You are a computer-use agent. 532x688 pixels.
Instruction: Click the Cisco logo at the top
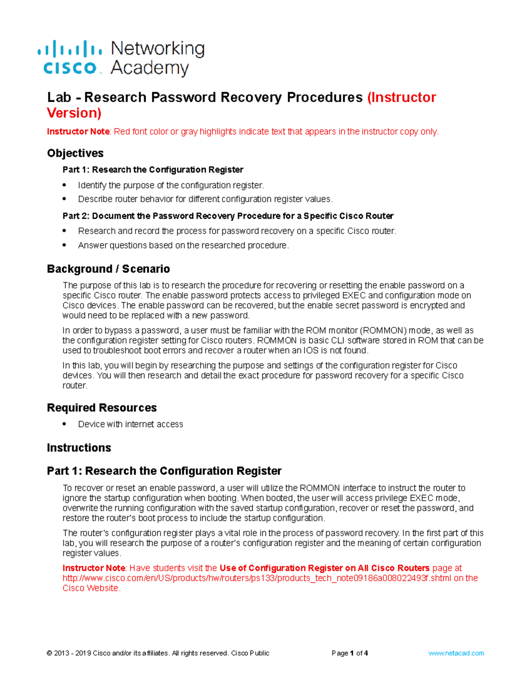point(70,58)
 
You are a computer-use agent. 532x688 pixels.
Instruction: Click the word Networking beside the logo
point(157,48)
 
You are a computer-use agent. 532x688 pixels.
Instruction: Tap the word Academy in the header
point(149,68)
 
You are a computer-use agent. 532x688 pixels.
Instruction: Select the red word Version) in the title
point(74,113)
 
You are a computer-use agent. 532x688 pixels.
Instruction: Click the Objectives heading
point(75,153)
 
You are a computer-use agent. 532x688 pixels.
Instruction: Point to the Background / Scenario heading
point(108,269)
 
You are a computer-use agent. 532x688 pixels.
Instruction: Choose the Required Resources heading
point(102,408)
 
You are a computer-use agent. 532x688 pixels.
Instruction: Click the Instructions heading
point(79,447)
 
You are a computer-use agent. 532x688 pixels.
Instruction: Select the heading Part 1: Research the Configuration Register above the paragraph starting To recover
point(164,470)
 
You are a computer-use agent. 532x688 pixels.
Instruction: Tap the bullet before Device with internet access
point(65,424)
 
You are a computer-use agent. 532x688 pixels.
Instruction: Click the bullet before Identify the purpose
point(65,185)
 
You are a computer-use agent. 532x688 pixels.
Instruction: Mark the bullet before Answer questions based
point(65,245)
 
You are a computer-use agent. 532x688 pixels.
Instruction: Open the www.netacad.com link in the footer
point(456,653)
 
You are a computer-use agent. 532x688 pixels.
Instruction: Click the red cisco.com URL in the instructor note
point(257,578)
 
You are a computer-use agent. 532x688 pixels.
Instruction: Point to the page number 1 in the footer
point(352,653)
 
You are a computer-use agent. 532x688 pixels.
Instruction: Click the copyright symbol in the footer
point(49,653)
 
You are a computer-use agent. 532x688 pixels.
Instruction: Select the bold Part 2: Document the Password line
point(228,216)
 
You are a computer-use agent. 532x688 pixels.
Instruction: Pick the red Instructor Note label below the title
point(78,132)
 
